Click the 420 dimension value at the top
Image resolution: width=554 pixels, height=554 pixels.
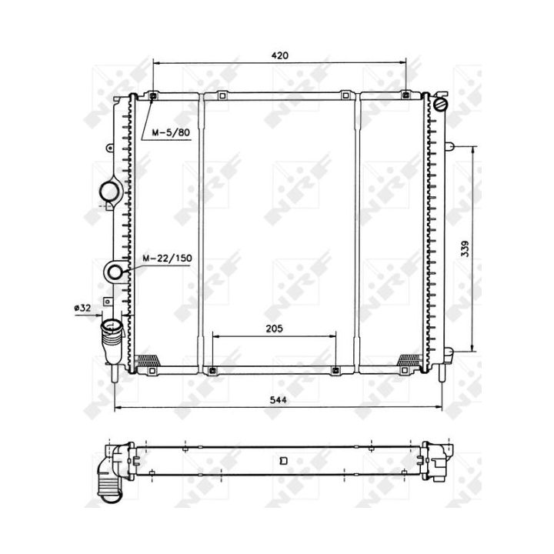coord(279,55)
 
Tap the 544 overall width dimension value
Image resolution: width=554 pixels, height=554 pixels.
coord(278,399)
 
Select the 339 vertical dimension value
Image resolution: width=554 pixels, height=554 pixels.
coord(466,249)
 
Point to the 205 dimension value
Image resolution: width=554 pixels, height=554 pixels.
coord(274,329)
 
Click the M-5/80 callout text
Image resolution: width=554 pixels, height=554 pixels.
coord(171,133)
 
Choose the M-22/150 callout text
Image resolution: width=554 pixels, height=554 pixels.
coord(167,259)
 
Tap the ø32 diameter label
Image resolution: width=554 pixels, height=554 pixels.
coord(82,308)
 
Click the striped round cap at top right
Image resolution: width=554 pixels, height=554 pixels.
coord(441,104)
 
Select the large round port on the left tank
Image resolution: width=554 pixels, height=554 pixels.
coord(109,192)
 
